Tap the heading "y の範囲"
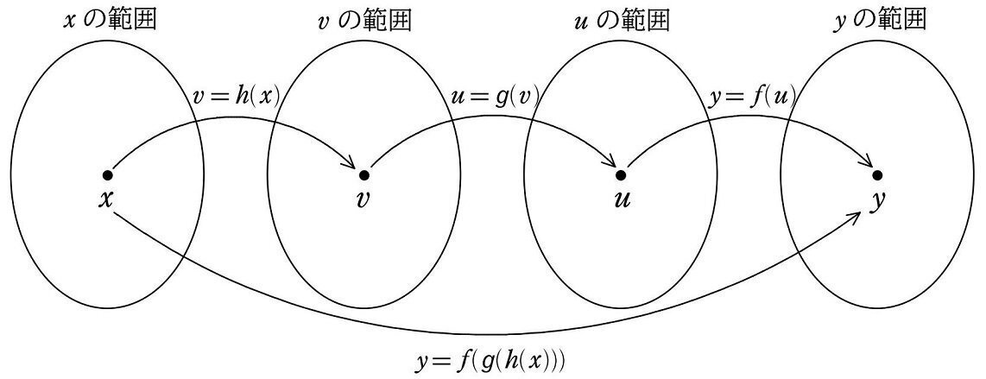pos(877,19)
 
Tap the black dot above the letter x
pos(107,175)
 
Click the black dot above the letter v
pos(363,175)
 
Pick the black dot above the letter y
pos(877,175)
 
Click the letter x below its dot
pos(106,199)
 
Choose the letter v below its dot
pos(363,199)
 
